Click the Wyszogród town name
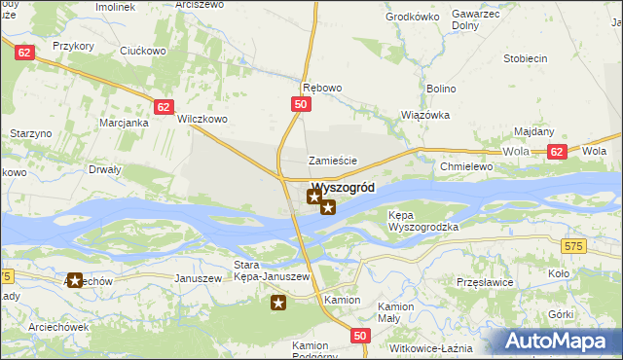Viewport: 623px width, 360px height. tap(343, 188)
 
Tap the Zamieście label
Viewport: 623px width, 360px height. tap(333, 161)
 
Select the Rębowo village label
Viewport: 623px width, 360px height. tap(322, 88)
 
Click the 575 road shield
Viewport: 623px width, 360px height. tap(573, 247)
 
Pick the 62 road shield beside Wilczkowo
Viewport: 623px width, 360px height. tap(165, 107)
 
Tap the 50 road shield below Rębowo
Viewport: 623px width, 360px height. tap(301, 104)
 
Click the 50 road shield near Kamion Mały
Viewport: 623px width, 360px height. tap(360, 336)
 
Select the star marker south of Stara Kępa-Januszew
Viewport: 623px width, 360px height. tap(278, 304)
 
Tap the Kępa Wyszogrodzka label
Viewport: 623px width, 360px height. tap(422, 220)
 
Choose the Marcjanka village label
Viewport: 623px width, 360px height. tap(124, 123)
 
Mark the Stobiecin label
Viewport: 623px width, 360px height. tap(524, 58)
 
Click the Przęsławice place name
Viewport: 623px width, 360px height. tap(484, 281)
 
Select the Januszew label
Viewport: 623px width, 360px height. tap(196, 277)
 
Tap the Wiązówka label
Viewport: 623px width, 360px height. tap(425, 114)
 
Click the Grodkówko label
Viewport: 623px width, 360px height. tap(409, 17)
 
